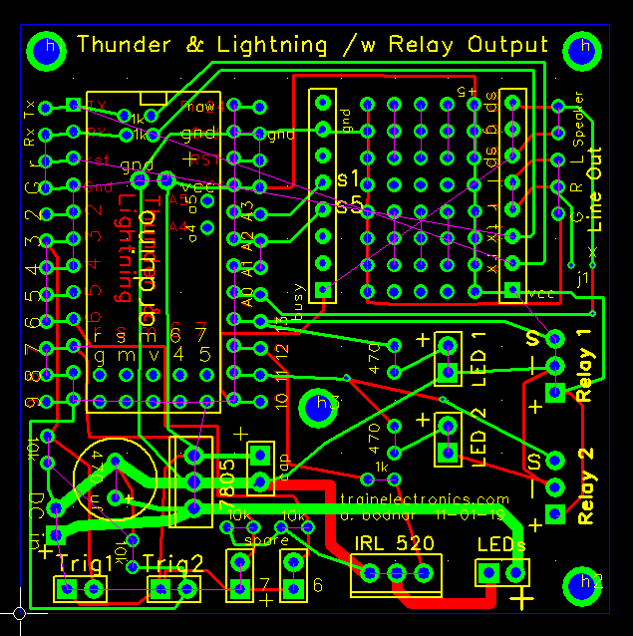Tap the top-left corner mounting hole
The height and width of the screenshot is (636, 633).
click(x=45, y=50)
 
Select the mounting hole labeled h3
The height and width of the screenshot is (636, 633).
click(x=327, y=404)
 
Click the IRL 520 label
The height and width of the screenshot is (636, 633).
click(x=395, y=544)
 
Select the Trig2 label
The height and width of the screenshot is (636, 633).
click(x=173, y=562)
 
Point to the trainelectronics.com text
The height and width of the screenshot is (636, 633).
click(x=425, y=499)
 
